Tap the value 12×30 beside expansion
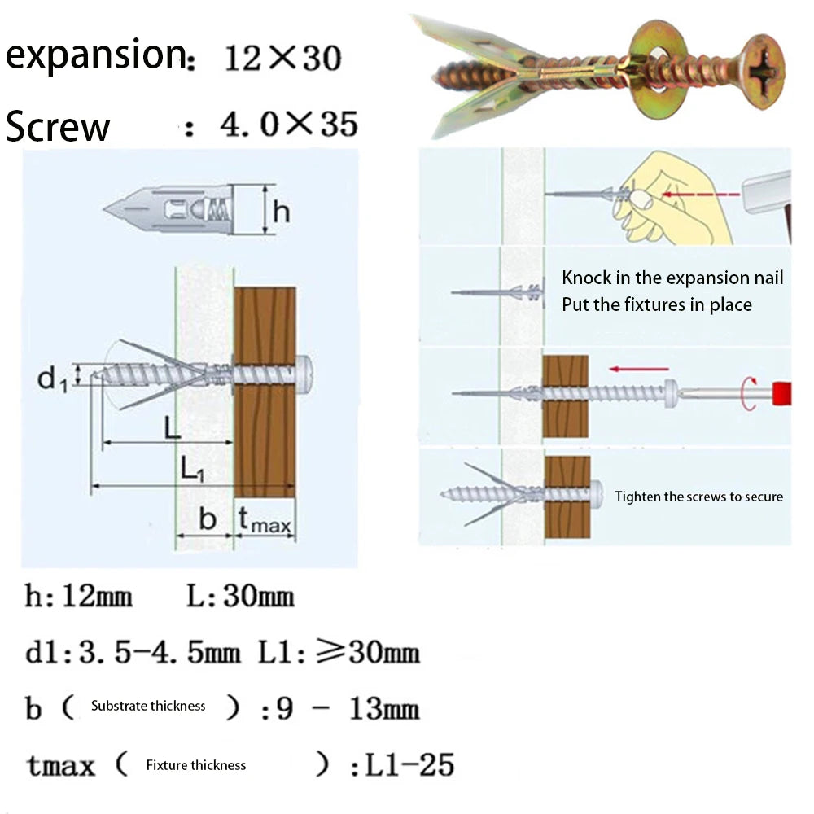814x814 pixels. click(282, 59)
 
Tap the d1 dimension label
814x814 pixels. click(52, 378)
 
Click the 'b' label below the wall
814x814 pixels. click(208, 519)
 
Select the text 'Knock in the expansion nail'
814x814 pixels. click(672, 278)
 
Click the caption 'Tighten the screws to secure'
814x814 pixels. click(698, 497)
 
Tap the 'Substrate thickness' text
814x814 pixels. click(148, 706)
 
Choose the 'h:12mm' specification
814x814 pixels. click(78, 597)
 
